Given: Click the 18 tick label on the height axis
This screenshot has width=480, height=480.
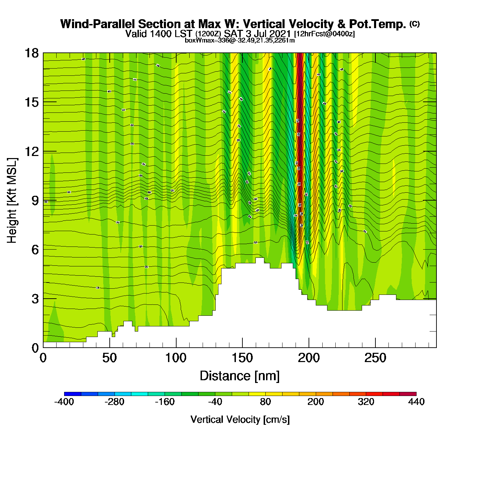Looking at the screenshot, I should tap(31, 53).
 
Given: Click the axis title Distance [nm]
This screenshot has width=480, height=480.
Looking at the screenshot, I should tap(240, 376).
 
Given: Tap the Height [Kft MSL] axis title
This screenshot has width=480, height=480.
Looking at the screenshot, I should tap(12, 201).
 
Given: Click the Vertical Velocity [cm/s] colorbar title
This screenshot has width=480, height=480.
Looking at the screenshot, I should tap(240, 420).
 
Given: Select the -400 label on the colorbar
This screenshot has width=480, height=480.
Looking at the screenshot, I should tap(64, 402).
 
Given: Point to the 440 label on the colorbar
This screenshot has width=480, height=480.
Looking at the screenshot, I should tap(416, 402).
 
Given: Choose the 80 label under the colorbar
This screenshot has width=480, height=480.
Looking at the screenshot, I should tap(265, 402).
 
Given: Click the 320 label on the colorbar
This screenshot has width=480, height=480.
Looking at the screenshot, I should tap(366, 402).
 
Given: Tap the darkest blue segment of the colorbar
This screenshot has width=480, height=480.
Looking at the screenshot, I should tap(72, 394).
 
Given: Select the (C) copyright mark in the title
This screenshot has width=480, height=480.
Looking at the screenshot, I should tap(415, 24).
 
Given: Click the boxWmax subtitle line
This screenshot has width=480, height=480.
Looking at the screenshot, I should tap(240, 40).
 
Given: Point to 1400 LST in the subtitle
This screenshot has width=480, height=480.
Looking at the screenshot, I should tap(159, 34).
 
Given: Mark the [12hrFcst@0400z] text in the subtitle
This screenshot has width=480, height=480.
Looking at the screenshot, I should tap(324, 34).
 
